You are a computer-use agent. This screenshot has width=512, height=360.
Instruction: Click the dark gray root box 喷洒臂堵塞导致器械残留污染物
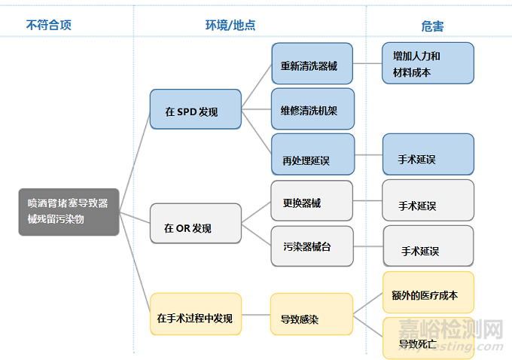click(x=69, y=212)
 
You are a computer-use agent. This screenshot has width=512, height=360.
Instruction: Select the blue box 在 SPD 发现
click(x=195, y=110)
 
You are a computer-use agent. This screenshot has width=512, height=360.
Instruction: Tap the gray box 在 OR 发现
click(x=195, y=224)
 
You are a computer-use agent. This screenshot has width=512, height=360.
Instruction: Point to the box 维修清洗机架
click(x=312, y=109)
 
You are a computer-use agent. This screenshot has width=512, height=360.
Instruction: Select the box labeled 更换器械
click(x=312, y=201)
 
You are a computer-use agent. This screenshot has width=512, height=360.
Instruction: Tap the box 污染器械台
click(x=312, y=246)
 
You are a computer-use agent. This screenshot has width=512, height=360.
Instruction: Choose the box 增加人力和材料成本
click(x=428, y=63)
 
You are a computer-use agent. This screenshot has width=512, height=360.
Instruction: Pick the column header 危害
click(x=433, y=26)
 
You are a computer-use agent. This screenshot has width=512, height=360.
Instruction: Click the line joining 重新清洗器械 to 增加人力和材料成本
click(x=368, y=63)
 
